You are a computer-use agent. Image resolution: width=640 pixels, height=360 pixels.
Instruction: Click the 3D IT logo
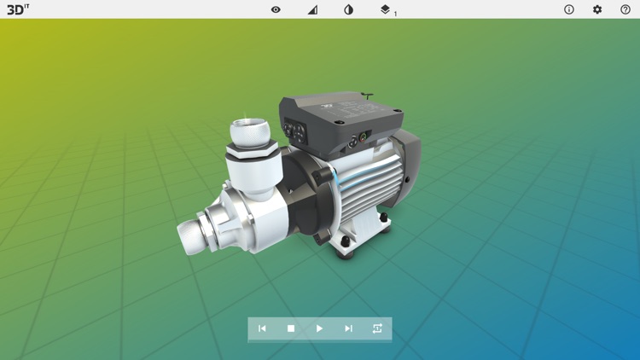17,9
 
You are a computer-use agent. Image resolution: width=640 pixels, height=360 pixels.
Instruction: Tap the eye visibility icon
276,9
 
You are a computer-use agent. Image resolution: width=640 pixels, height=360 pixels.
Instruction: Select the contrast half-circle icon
348,9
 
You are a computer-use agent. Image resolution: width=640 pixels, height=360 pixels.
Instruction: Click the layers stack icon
385,9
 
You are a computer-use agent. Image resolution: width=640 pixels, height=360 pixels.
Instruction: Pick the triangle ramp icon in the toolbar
312,9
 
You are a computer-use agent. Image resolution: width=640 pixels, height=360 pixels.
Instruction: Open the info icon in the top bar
569,9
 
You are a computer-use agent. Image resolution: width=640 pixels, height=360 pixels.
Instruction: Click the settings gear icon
597,9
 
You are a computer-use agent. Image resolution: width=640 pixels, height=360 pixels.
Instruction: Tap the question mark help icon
625,9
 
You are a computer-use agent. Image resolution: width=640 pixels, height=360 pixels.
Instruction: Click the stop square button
291,328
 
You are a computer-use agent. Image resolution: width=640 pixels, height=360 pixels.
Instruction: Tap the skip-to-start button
262,328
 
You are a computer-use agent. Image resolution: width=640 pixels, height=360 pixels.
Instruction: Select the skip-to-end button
348,328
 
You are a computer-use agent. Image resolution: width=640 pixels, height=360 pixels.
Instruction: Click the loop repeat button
377,328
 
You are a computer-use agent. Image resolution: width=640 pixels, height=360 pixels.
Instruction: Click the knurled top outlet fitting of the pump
250,132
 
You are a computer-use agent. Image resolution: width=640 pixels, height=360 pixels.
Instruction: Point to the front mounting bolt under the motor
346,242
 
